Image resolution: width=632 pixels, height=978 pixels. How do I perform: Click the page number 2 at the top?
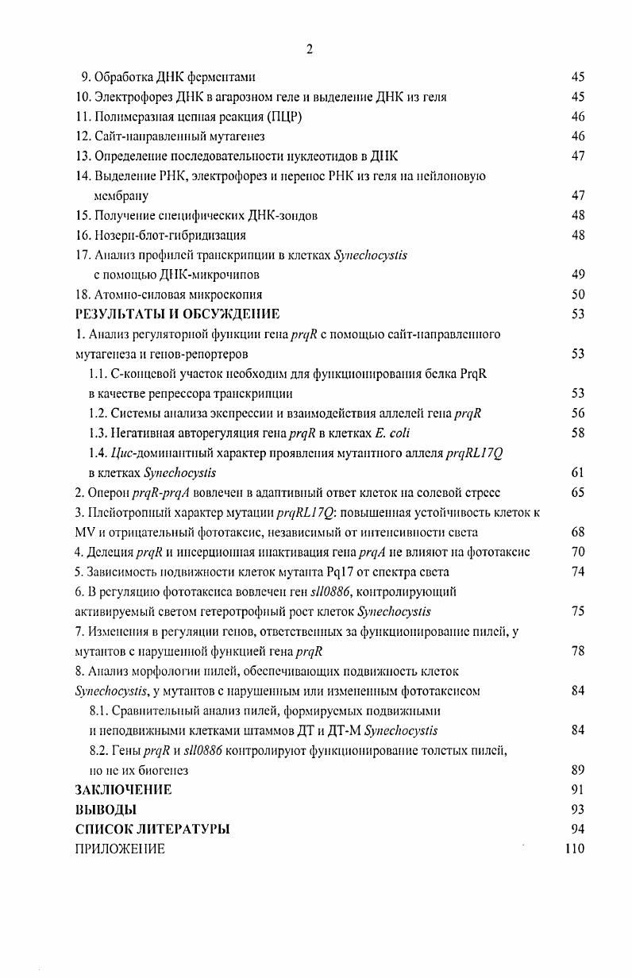310,50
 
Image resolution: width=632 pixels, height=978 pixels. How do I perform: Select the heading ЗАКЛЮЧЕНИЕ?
123,790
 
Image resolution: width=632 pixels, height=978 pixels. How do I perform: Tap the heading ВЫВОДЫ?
106,810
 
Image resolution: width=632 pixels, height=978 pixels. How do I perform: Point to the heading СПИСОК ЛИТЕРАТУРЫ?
152,830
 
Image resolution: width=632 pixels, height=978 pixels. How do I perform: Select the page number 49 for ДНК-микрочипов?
577,275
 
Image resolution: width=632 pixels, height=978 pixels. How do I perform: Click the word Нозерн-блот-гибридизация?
170,236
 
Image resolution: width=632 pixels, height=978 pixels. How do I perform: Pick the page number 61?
577,473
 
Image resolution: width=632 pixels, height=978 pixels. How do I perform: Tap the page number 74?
577,572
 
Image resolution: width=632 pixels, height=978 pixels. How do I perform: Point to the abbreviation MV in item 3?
84,533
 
